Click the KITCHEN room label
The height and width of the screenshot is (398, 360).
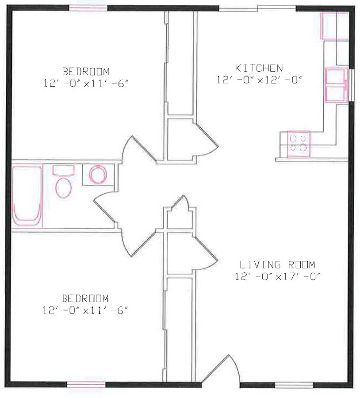point(259,68)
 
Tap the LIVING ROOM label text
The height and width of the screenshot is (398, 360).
point(277,265)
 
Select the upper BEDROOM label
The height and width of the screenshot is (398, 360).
point(86,72)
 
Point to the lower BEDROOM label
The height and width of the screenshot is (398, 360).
point(85,298)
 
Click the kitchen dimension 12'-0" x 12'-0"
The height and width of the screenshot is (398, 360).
point(259,80)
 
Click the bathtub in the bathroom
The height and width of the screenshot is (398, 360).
point(27,196)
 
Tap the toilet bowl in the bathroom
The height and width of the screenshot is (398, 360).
point(64,188)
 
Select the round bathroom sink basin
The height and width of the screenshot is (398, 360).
point(98,174)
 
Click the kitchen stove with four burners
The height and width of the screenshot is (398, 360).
point(299,144)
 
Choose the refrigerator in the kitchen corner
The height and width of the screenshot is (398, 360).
point(335,26)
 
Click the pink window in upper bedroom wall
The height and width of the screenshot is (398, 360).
point(88,8)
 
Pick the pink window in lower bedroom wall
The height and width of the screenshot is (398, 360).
point(86,385)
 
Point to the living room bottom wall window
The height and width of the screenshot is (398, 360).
point(294,385)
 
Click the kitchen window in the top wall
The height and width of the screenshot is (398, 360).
point(257,8)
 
